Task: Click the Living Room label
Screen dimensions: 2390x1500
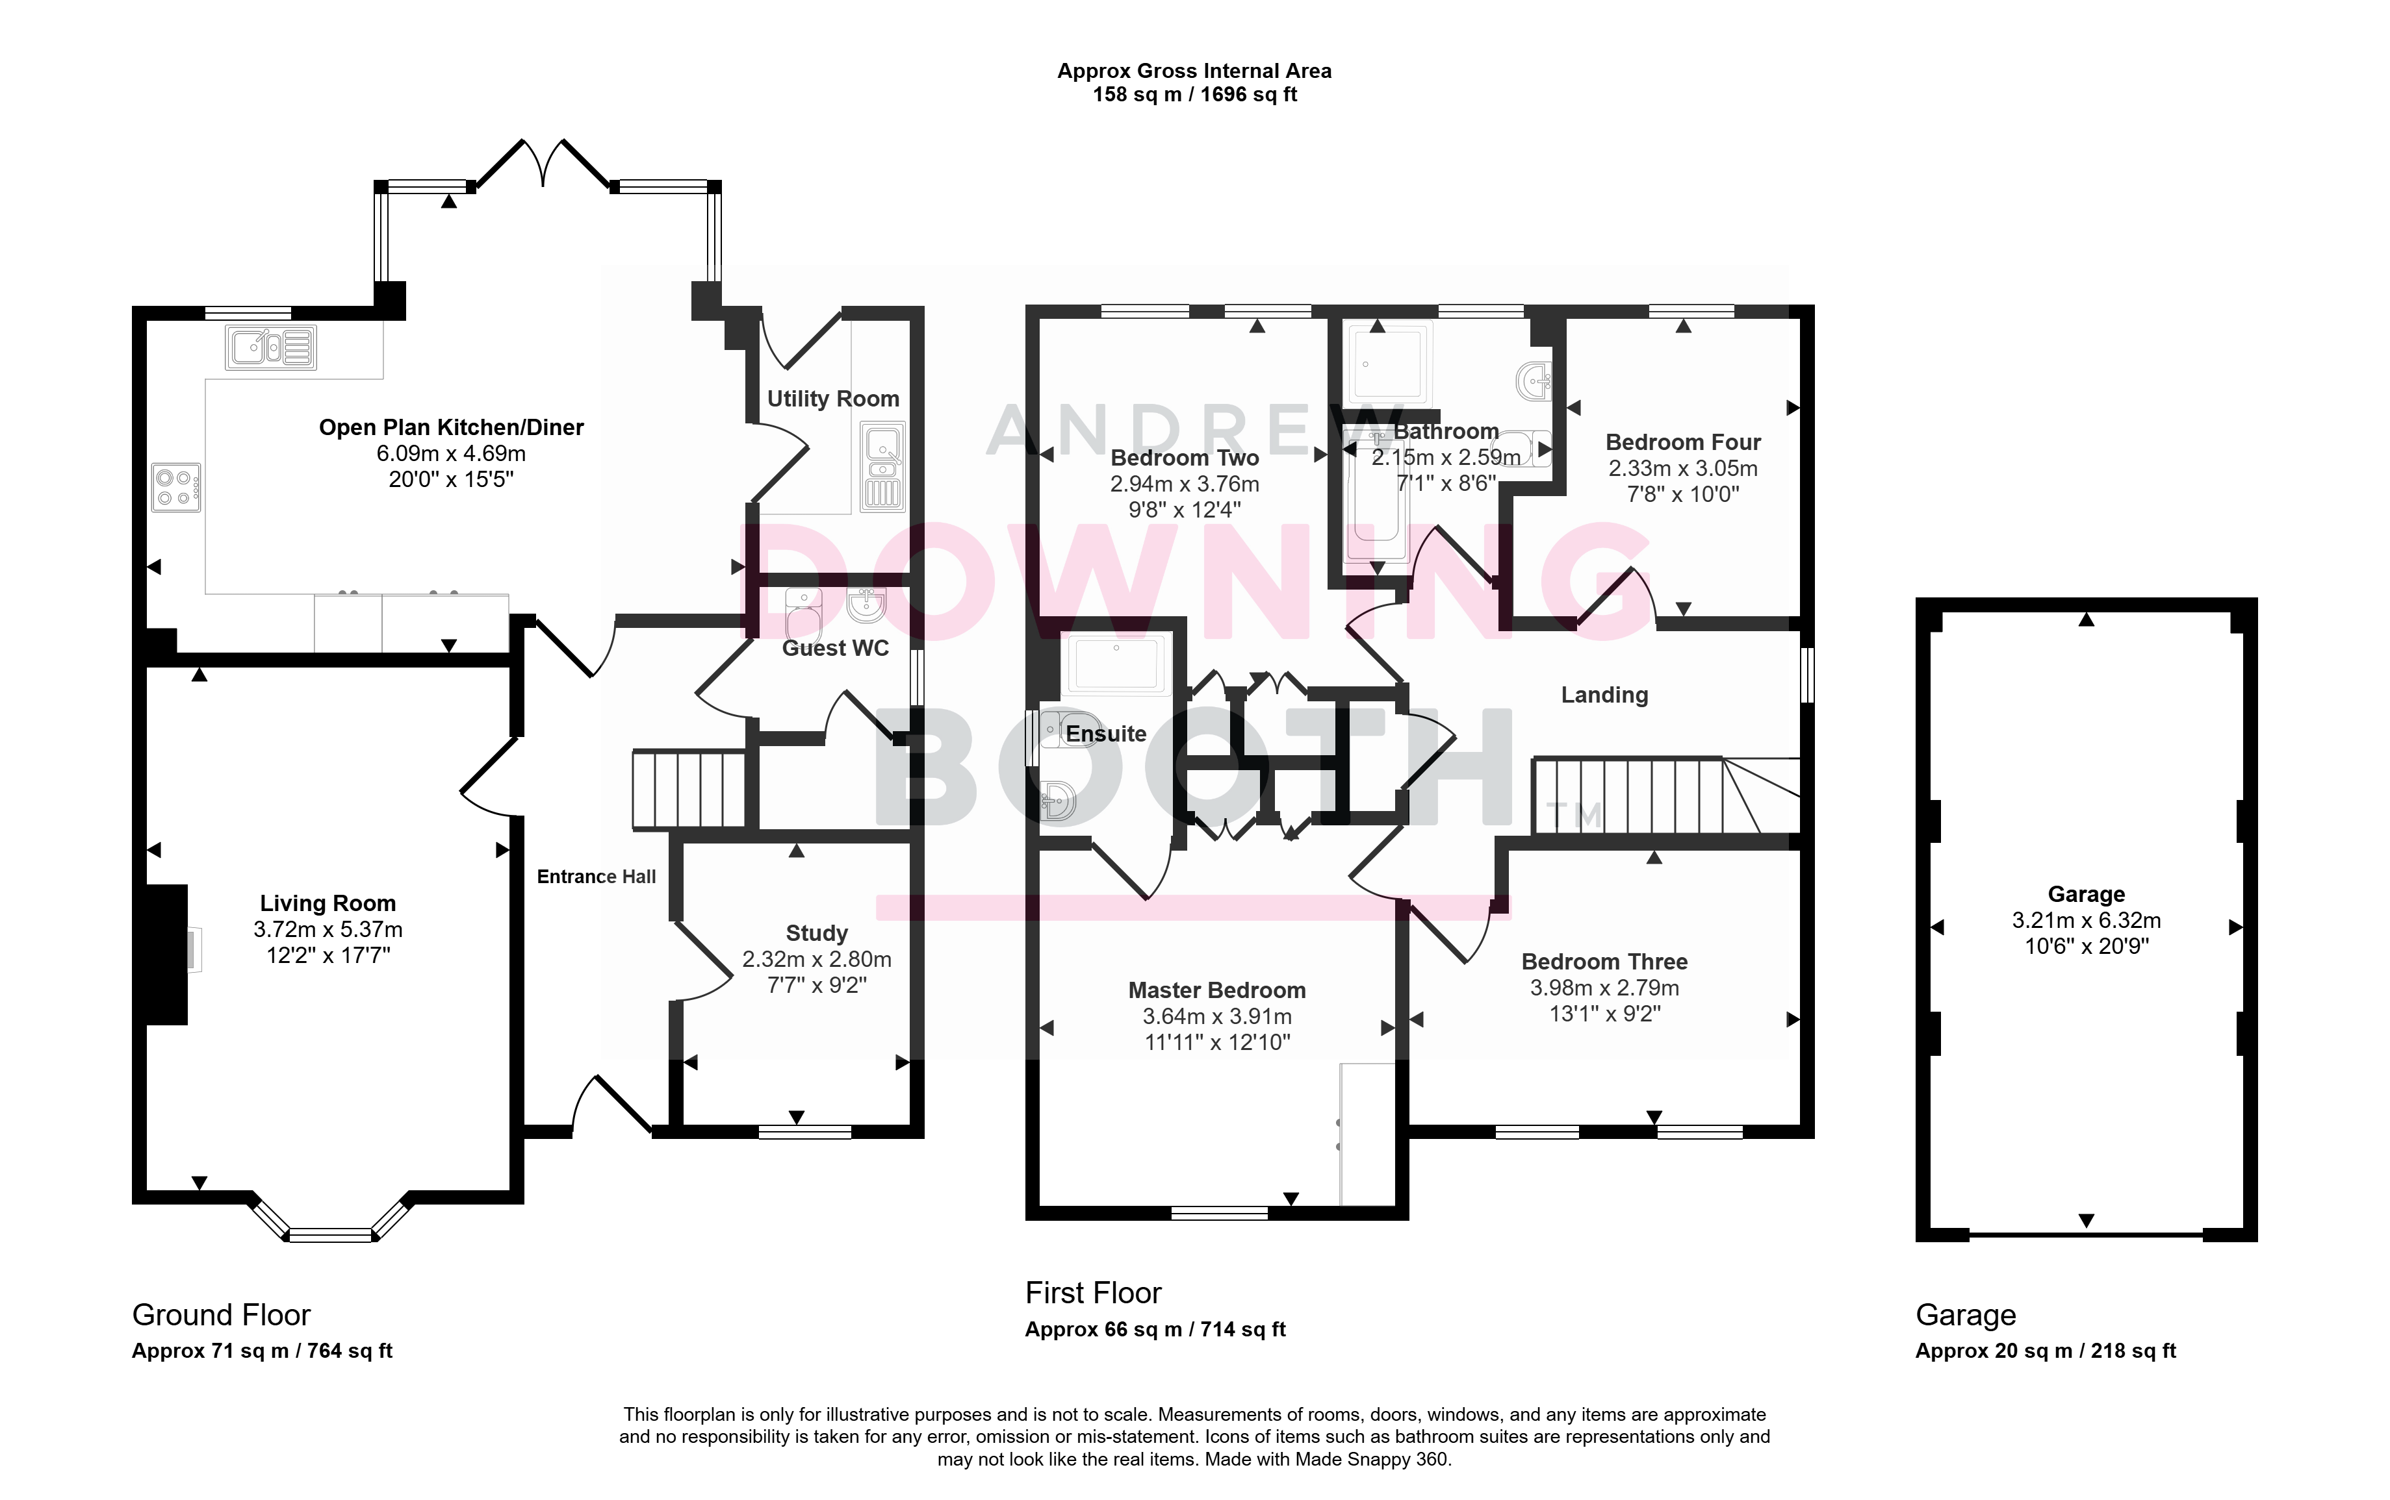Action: coord(328,903)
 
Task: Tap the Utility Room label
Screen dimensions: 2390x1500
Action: coord(832,399)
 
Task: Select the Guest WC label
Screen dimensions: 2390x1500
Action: coord(835,648)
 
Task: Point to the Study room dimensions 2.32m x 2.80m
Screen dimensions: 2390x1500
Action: coord(817,959)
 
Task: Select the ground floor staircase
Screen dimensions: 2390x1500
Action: coord(689,790)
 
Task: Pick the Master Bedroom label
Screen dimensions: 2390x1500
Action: coord(1217,990)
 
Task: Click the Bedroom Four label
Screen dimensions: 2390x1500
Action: coord(1683,442)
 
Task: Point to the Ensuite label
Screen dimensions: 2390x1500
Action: coord(1106,734)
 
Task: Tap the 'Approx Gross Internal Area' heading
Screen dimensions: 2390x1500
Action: coord(1194,70)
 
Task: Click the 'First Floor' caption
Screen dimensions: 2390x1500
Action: coord(1093,1293)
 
